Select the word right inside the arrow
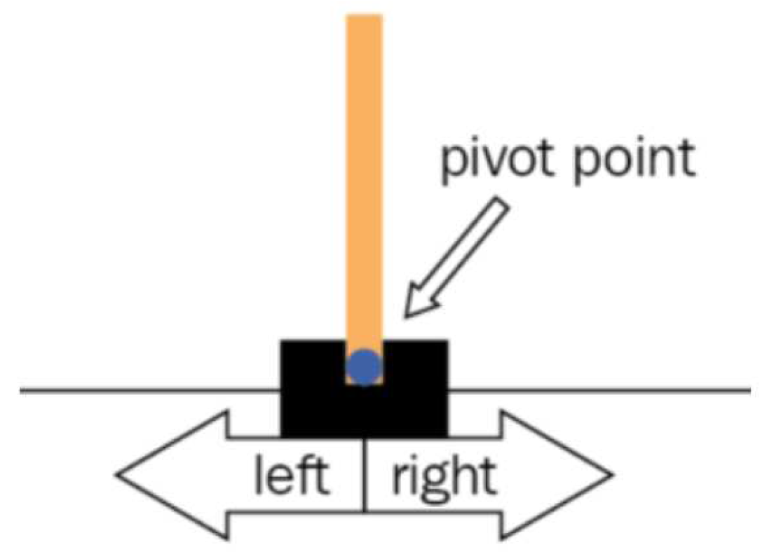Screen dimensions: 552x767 point(443,478)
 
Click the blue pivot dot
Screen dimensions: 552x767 point(364,366)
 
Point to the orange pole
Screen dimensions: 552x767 point(364,175)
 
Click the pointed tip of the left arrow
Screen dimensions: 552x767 point(117,476)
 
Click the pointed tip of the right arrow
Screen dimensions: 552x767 point(612,476)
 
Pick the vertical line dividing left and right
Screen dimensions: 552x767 point(365,476)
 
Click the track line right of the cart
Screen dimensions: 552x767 point(596,389)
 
